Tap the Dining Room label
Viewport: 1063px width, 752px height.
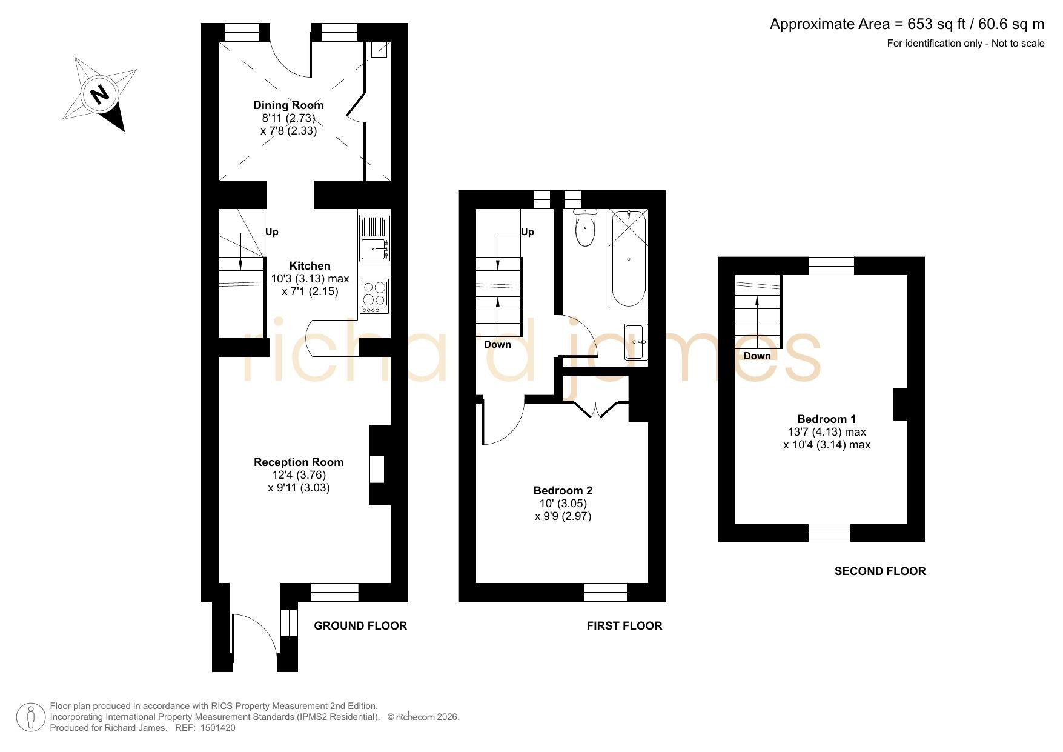coord(288,105)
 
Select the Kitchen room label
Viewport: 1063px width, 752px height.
coord(310,265)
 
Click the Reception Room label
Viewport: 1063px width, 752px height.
coord(299,462)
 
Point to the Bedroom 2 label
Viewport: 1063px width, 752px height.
coord(563,490)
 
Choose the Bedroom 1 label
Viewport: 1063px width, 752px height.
coord(827,419)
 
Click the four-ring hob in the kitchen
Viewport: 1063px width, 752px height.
coord(374,296)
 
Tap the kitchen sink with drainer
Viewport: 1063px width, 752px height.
coord(374,238)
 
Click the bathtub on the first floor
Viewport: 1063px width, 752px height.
coord(629,259)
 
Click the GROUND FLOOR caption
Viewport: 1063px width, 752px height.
coord(360,625)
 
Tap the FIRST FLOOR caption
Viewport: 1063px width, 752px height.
coord(624,625)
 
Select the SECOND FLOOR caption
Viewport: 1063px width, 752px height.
coord(880,571)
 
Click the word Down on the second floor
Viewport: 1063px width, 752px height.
coord(757,356)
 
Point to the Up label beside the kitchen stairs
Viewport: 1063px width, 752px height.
coord(272,231)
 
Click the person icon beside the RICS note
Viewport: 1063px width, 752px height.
coord(31,717)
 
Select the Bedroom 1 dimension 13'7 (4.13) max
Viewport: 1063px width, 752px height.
coord(827,432)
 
